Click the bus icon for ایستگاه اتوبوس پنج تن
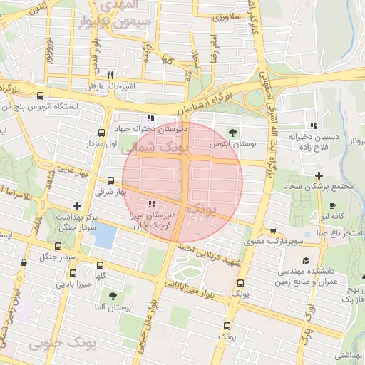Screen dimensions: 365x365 point(39,96)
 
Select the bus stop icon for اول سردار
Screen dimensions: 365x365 point(101,132)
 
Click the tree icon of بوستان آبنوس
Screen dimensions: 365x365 point(233,131)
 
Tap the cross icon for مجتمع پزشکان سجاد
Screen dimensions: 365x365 point(319,175)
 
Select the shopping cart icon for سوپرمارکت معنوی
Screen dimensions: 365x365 point(274,231)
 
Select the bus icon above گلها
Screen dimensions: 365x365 point(100,265)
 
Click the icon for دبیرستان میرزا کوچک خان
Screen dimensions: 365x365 point(151,205)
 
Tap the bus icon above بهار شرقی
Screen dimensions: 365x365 point(110,180)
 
